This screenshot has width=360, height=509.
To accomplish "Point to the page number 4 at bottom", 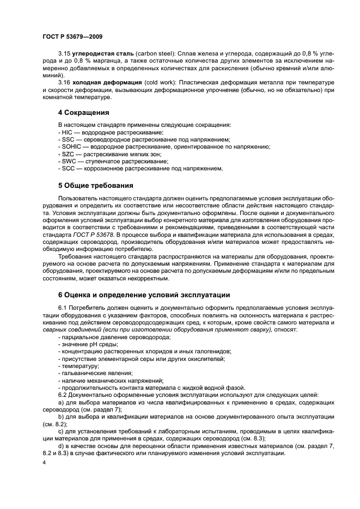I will tap(44, 462).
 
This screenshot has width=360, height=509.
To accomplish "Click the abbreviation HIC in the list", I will tap(66, 132).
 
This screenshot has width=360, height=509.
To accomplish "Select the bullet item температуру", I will tap(78, 366).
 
